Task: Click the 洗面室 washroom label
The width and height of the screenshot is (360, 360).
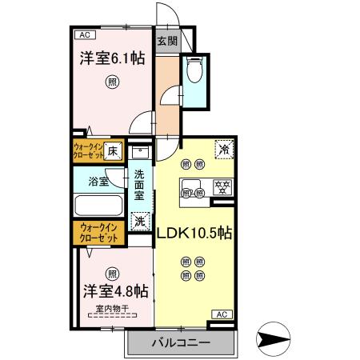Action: pyautogui.click(x=139, y=184)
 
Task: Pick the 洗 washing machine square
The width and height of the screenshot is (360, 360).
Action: pyautogui.click(x=140, y=219)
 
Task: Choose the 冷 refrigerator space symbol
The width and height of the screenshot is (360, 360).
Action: pyautogui.click(x=224, y=149)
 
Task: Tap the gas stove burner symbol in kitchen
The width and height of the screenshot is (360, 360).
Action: pyautogui.click(x=219, y=189)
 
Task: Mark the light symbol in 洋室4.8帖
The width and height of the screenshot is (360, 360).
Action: pyautogui.click(x=112, y=272)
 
